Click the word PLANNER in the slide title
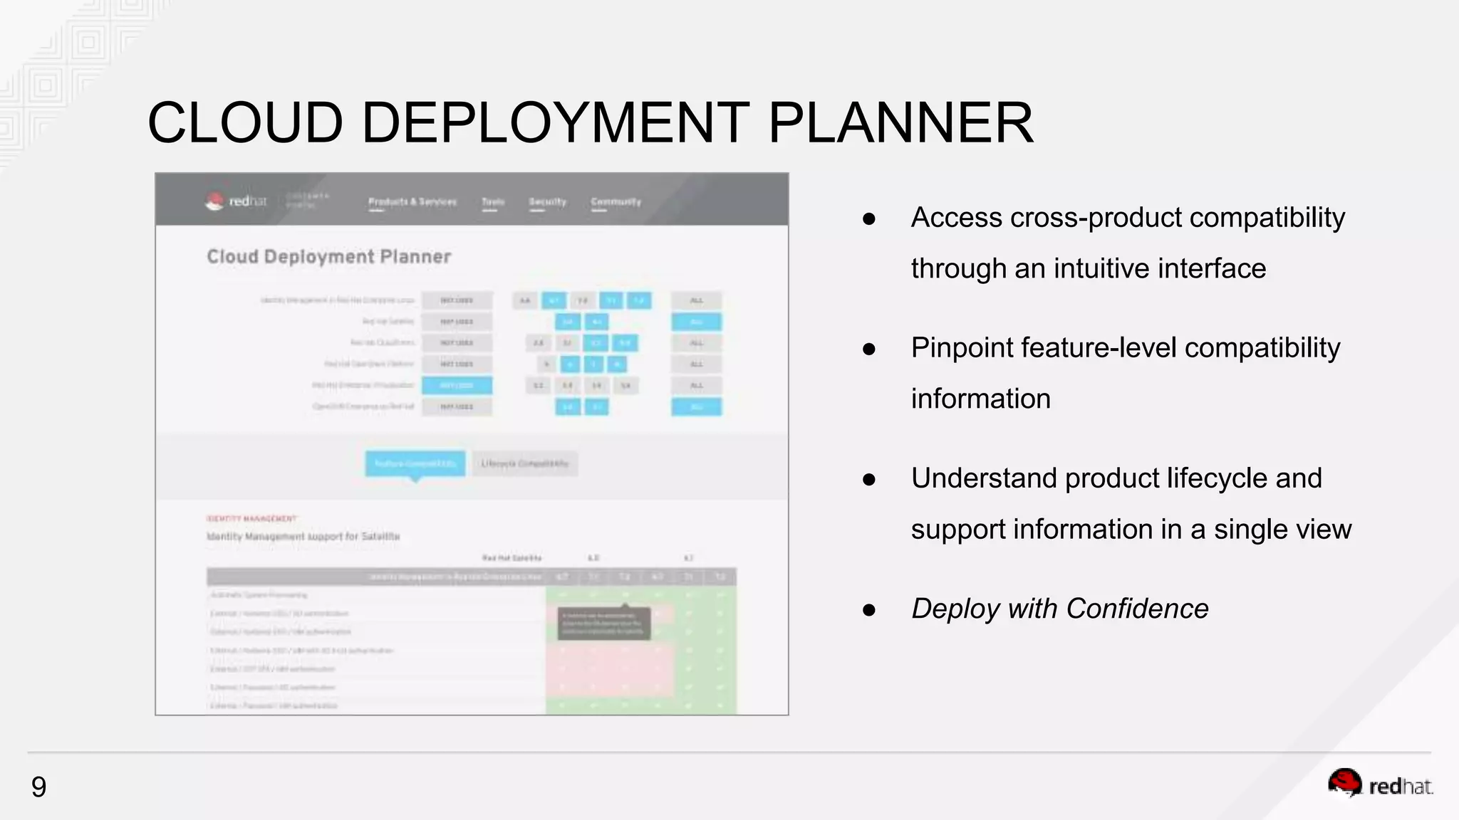pyautogui.click(x=900, y=122)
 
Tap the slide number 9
pyautogui.click(x=38, y=787)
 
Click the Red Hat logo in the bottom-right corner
pyautogui.click(x=1380, y=784)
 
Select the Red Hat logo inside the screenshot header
pyautogui.click(x=236, y=201)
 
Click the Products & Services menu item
pyautogui.click(x=412, y=202)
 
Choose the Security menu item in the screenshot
pyautogui.click(x=547, y=202)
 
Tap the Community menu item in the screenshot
pyautogui.click(x=616, y=202)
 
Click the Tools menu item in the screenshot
pyautogui.click(x=493, y=202)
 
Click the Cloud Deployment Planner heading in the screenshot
pyautogui.click(x=328, y=256)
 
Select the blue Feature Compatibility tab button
pyautogui.click(x=415, y=463)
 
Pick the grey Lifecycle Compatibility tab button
pyautogui.click(x=525, y=463)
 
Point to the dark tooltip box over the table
pyautogui.click(x=603, y=623)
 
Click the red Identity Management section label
pyautogui.click(x=251, y=518)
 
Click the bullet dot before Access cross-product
pyautogui.click(x=868, y=219)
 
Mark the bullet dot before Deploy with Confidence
pyautogui.click(x=868, y=610)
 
